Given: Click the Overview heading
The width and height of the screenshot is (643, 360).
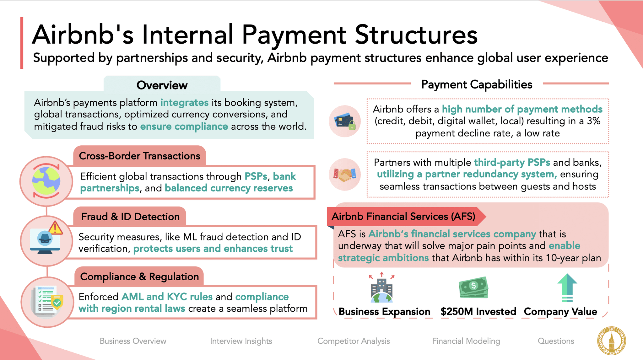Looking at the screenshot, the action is pyautogui.click(x=162, y=85).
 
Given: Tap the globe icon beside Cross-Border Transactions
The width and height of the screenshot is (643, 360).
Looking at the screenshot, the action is pyautogui.click(x=46, y=181).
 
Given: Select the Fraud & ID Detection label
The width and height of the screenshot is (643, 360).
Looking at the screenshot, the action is pyautogui.click(x=130, y=217).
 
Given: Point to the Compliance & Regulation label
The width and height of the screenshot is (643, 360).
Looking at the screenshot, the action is pyautogui.click(x=139, y=277).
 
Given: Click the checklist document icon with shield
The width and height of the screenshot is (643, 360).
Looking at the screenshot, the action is pyautogui.click(x=47, y=302).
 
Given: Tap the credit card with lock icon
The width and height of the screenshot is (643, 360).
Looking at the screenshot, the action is pyautogui.click(x=345, y=121).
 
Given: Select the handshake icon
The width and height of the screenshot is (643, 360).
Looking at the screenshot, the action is pyautogui.click(x=345, y=175).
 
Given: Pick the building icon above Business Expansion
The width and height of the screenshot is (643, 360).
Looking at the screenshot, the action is pyautogui.click(x=381, y=288).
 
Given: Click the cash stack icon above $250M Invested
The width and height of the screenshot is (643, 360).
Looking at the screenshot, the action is pyautogui.click(x=473, y=287).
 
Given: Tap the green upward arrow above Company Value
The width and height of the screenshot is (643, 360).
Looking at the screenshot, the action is pyautogui.click(x=567, y=287).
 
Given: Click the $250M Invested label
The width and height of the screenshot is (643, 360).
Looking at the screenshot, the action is pyautogui.click(x=478, y=311).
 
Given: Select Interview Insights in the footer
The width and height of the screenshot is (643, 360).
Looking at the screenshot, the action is pyautogui.click(x=241, y=341).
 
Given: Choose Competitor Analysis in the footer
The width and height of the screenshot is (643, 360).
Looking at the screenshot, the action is pyautogui.click(x=354, y=341).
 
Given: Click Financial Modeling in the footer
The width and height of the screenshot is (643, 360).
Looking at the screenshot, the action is pyautogui.click(x=466, y=341).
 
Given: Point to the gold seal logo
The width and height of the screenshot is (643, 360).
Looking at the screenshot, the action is pyautogui.click(x=611, y=341).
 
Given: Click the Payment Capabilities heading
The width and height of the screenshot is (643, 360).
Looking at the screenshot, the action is pyautogui.click(x=477, y=84).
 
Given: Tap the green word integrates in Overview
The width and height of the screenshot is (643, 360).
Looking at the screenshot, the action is pyautogui.click(x=184, y=103).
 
